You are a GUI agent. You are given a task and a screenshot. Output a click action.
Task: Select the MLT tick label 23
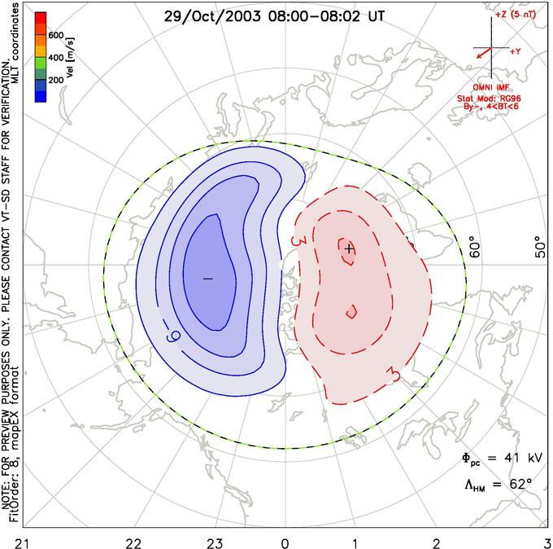click(215, 541)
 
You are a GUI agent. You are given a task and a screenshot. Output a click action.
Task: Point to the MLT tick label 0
click(285, 541)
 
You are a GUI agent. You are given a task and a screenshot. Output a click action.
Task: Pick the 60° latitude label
click(477, 248)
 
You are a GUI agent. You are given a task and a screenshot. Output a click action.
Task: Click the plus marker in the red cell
click(348, 248)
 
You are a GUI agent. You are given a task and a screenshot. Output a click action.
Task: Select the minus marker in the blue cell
click(207, 279)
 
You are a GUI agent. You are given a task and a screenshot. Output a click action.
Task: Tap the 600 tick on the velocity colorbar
click(57, 35)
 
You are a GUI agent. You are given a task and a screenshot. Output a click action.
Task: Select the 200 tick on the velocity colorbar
click(57, 81)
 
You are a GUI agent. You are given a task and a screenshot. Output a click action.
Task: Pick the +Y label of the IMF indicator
click(515, 51)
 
